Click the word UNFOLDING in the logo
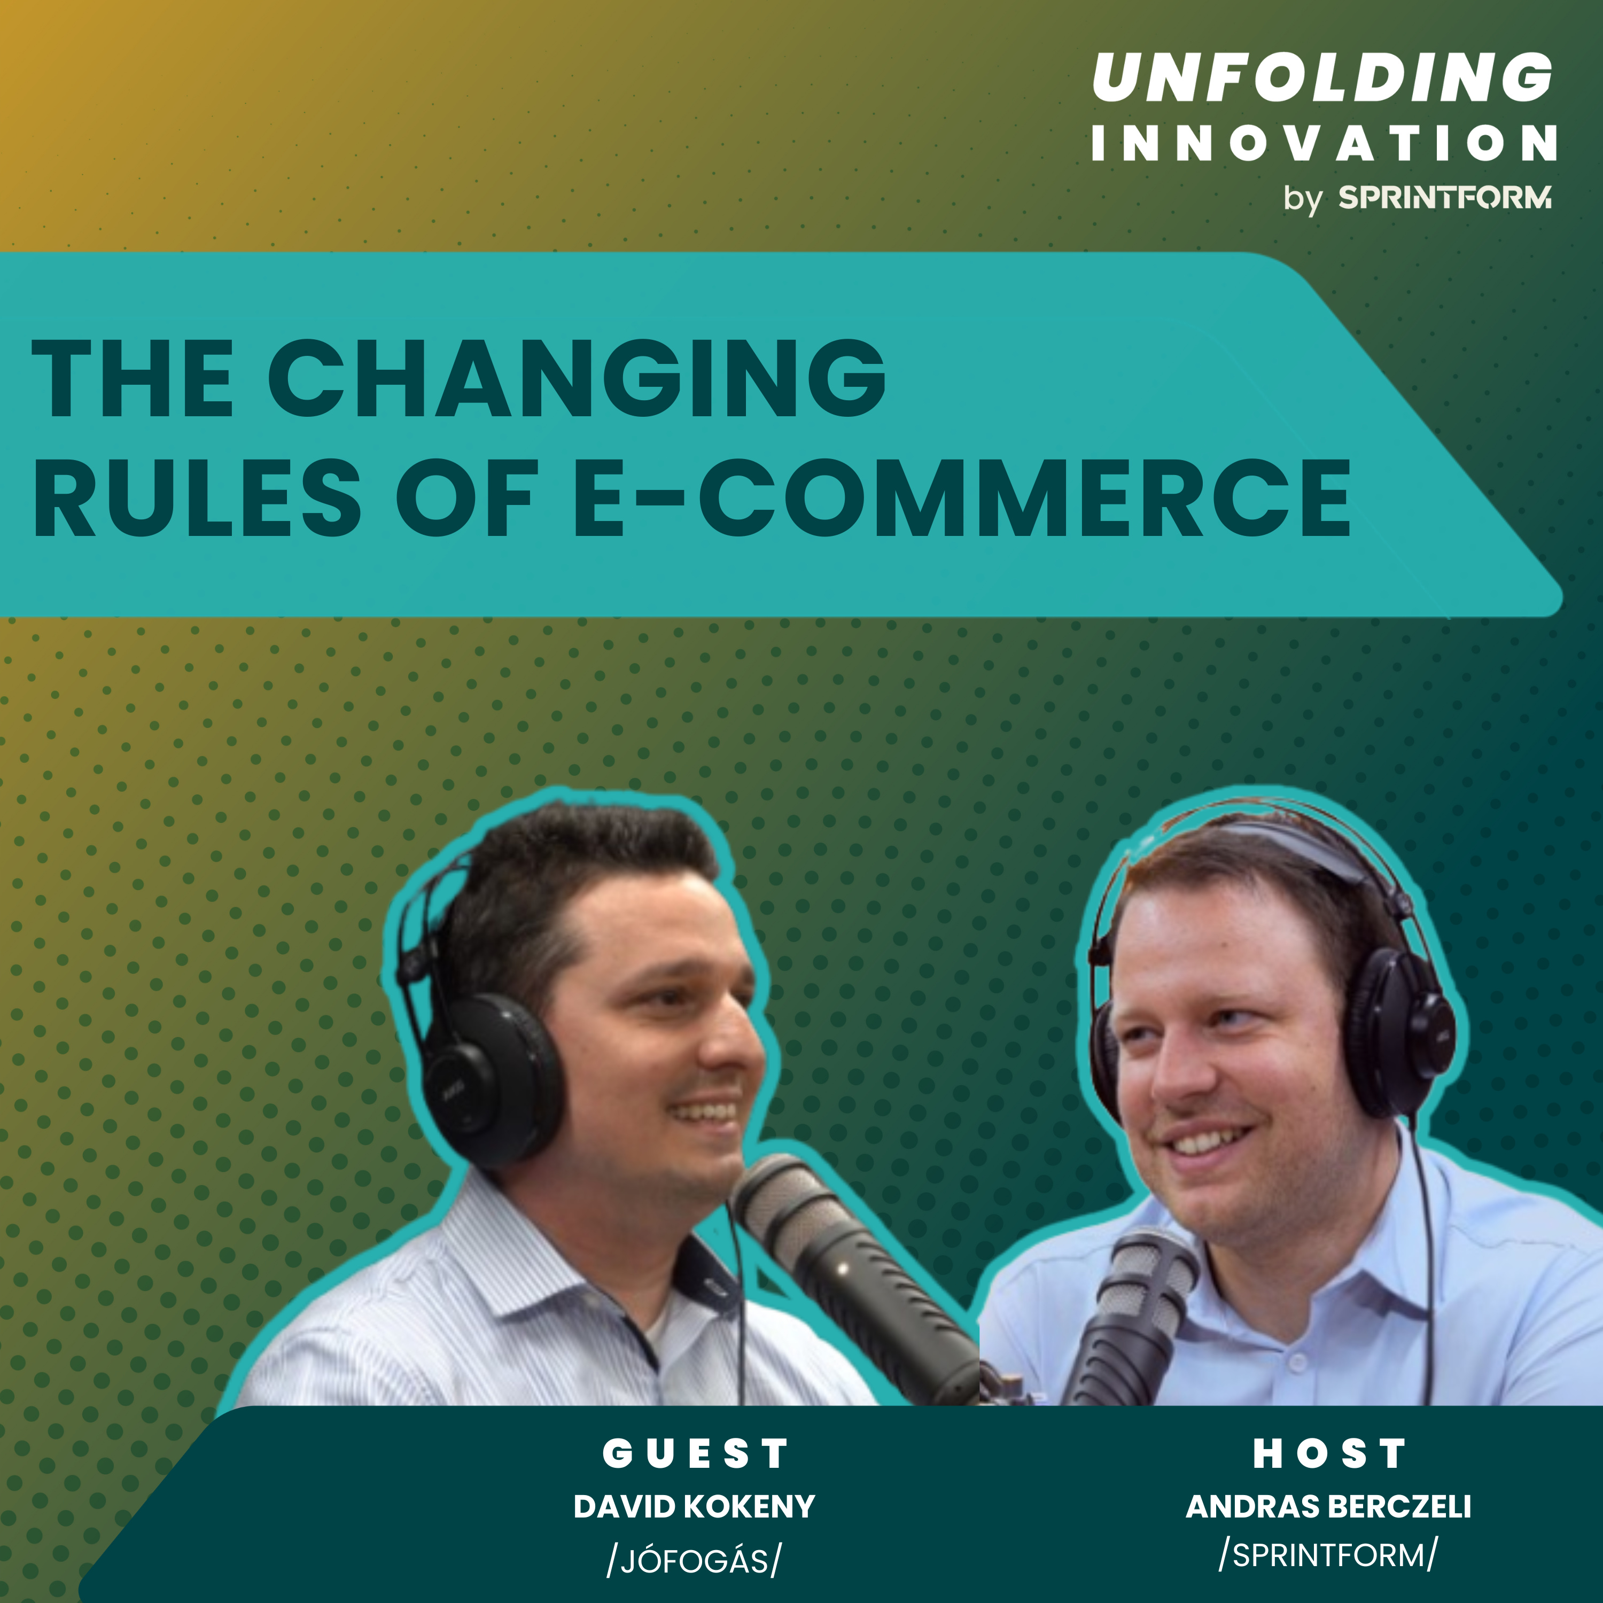click(1322, 77)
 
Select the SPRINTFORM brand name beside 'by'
click(1444, 198)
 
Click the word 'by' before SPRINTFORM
click(1303, 200)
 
